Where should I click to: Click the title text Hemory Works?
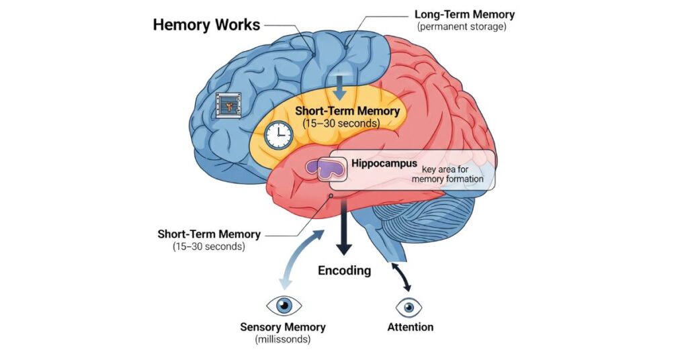pyautogui.click(x=206, y=25)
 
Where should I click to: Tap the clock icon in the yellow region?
pyautogui.click(x=278, y=135)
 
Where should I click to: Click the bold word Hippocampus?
pyautogui.click(x=384, y=163)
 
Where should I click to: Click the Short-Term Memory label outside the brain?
pyautogui.click(x=208, y=234)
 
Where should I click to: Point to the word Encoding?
pyautogui.click(x=344, y=271)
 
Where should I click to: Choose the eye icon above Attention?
pyautogui.click(x=410, y=307)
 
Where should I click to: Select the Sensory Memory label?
pyautogui.click(x=283, y=327)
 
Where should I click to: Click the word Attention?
pyautogui.click(x=410, y=327)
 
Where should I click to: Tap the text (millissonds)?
pyautogui.click(x=283, y=340)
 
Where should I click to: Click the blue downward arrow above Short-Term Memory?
pyautogui.click(x=341, y=87)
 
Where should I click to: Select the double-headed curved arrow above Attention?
pyautogui.click(x=401, y=276)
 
